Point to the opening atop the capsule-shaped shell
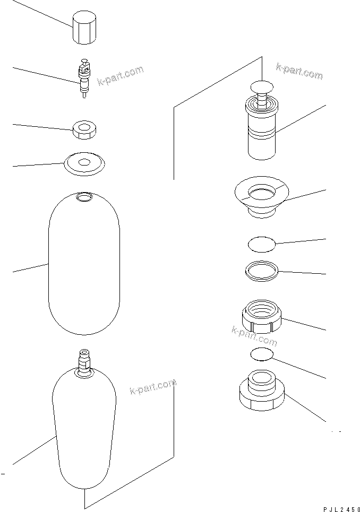click(x=84, y=197)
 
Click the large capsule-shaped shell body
click(x=84, y=265)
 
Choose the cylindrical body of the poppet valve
click(x=261, y=133)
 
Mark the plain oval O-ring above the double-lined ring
click(x=262, y=244)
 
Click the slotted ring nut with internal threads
click(x=262, y=317)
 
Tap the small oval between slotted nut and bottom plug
click(x=262, y=354)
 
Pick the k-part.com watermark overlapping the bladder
click(x=153, y=387)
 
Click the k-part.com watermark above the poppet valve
click(x=298, y=72)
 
